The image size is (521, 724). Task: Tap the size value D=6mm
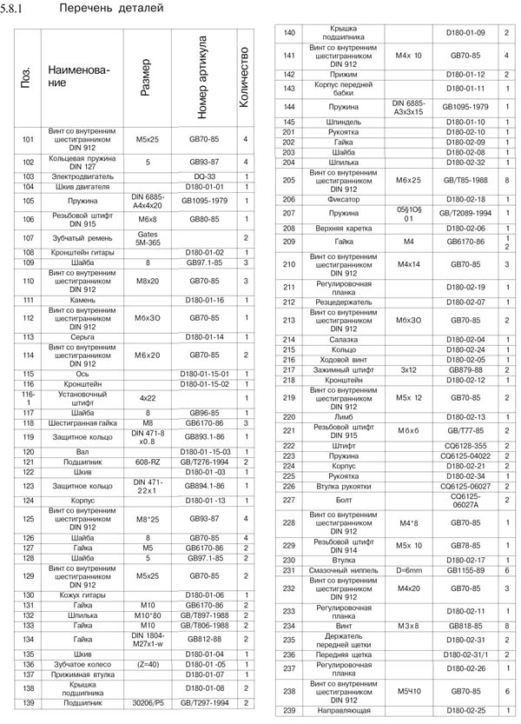click(408, 569)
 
